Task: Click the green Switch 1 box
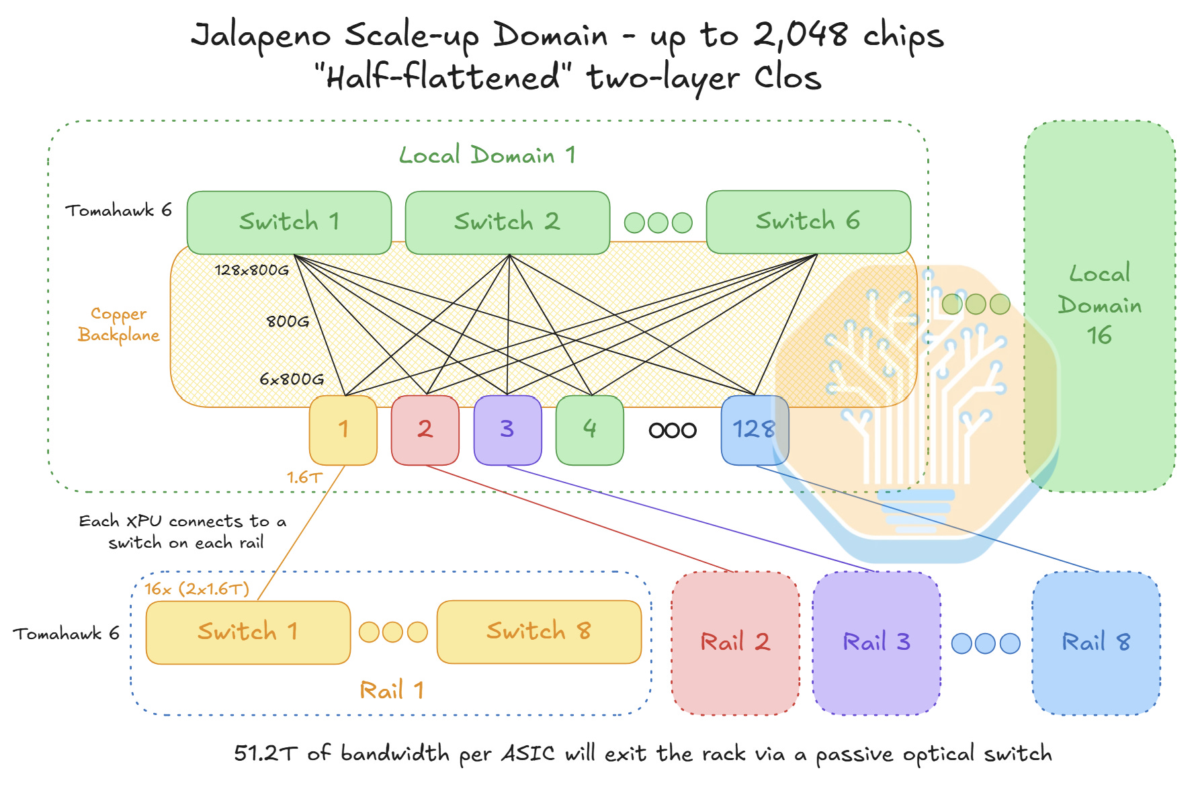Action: pyautogui.click(x=289, y=222)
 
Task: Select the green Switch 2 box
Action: pyautogui.click(x=507, y=222)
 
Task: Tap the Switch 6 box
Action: pyautogui.click(x=808, y=222)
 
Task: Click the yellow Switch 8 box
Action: pyautogui.click(x=539, y=632)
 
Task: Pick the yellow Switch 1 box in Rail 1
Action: pyautogui.click(x=248, y=632)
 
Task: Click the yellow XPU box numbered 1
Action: pyautogui.click(x=343, y=430)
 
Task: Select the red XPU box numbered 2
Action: pyautogui.click(x=425, y=430)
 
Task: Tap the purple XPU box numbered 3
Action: pyautogui.click(x=508, y=430)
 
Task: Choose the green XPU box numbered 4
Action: pyautogui.click(x=590, y=430)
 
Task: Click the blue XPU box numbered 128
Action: pyautogui.click(x=755, y=430)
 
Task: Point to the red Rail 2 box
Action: pyautogui.click(x=736, y=643)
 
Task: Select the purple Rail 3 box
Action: pyautogui.click(x=877, y=643)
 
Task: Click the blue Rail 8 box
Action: pyautogui.click(x=1097, y=643)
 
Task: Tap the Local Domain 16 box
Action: pyautogui.click(x=1100, y=306)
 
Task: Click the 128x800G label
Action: pyautogui.click(x=252, y=270)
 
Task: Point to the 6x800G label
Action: pyautogui.click(x=292, y=379)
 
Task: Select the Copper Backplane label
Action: pyautogui.click(x=119, y=325)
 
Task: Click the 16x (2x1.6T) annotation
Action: pyautogui.click(x=197, y=589)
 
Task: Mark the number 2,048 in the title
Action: pyautogui.click(x=800, y=34)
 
